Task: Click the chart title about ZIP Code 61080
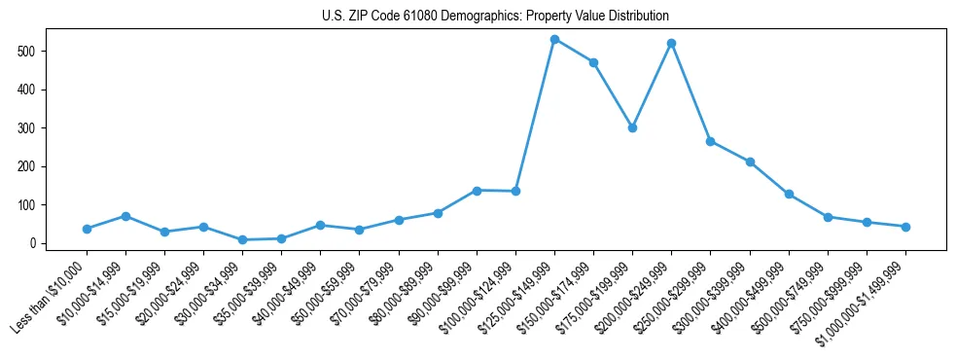tap(495, 17)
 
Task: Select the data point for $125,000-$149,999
tap(554, 39)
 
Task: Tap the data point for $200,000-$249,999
tap(672, 43)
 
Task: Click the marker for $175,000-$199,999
tap(632, 127)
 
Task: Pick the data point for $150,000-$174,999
tap(593, 62)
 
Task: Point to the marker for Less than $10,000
tap(87, 229)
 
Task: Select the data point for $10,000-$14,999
tap(125, 216)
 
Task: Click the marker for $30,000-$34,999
tap(242, 239)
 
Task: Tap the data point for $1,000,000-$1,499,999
tap(905, 227)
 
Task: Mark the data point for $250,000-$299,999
tap(711, 141)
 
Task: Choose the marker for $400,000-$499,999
tap(789, 194)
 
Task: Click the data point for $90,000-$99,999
tap(477, 191)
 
